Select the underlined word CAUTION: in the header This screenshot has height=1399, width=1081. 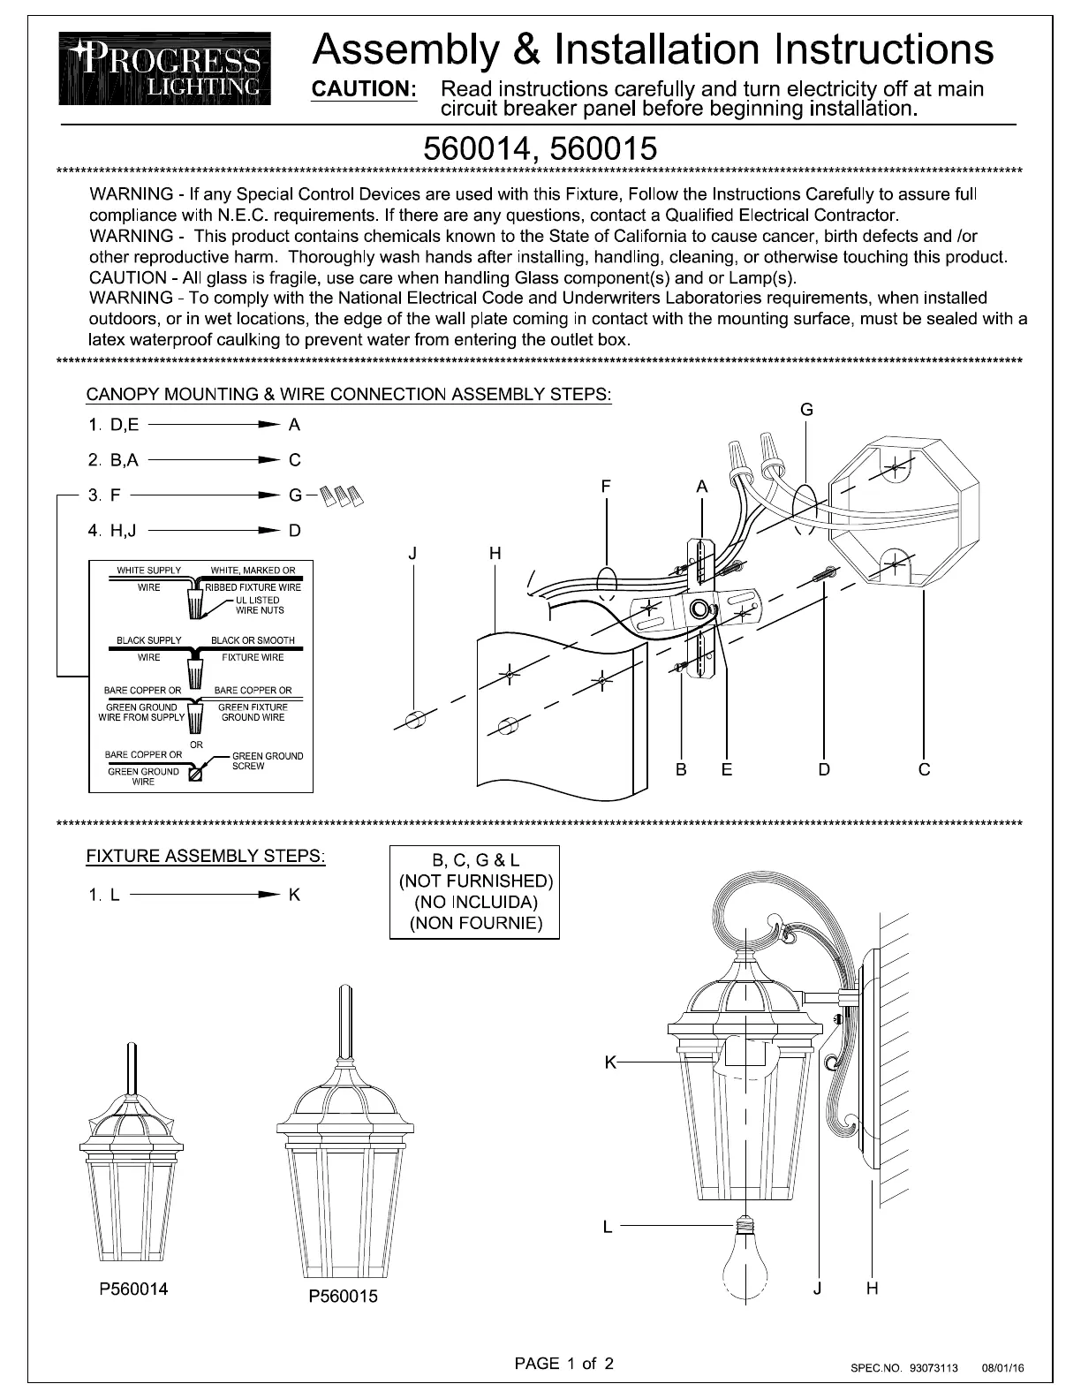tap(365, 89)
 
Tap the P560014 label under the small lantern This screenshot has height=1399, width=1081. tap(132, 1289)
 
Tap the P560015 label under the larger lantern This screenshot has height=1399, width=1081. tap(343, 1296)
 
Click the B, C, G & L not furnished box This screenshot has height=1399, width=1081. tap(474, 891)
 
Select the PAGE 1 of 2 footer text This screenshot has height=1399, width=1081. tap(564, 1363)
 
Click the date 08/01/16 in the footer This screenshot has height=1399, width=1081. tap(1002, 1368)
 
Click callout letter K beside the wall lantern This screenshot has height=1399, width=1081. tap(609, 1062)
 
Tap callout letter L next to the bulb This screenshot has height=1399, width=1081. tap(608, 1227)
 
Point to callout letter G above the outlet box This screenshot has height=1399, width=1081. tap(806, 410)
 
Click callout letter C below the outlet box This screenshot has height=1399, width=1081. tap(924, 769)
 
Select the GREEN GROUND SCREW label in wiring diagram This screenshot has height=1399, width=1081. tap(267, 760)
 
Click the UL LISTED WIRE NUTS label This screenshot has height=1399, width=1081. tap(259, 605)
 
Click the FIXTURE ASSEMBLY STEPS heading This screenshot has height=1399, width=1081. tap(205, 856)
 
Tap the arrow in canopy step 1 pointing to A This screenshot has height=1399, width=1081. tap(213, 425)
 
